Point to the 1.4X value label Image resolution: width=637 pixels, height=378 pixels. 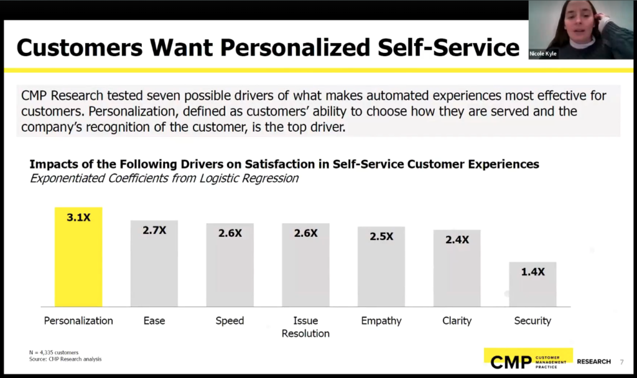(x=532, y=272)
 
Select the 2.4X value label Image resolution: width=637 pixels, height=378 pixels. (x=457, y=239)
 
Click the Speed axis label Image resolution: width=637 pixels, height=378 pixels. (x=230, y=321)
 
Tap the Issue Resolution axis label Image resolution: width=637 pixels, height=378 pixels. (x=305, y=327)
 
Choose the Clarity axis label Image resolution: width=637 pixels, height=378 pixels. (x=457, y=321)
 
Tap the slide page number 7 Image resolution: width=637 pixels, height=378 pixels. (x=621, y=362)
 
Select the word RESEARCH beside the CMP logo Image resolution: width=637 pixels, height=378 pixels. (x=594, y=362)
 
